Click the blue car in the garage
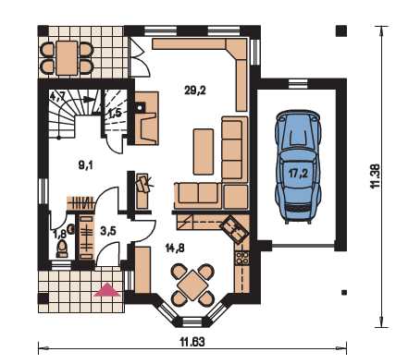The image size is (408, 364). click(299, 166)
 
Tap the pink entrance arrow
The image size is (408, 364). click(106, 290)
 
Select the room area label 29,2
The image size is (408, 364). click(195, 91)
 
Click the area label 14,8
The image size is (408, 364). click(175, 248)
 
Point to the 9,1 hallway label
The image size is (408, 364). click(85, 165)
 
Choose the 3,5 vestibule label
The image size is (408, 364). click(108, 231)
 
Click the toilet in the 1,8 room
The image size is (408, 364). click(62, 249)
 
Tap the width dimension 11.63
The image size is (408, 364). click(192, 342)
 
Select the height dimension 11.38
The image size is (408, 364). click(375, 176)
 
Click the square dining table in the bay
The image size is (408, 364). click(192, 285)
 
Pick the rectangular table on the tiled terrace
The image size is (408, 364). click(67, 57)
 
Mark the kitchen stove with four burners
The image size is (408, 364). click(241, 258)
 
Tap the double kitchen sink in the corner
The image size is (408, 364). click(233, 228)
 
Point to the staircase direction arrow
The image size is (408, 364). click(88, 99)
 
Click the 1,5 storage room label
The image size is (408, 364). click(115, 114)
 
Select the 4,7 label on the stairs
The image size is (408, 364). click(57, 97)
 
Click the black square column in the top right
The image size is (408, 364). click(341, 30)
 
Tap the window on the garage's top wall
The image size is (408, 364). click(298, 83)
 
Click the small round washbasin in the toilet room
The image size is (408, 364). click(71, 229)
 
